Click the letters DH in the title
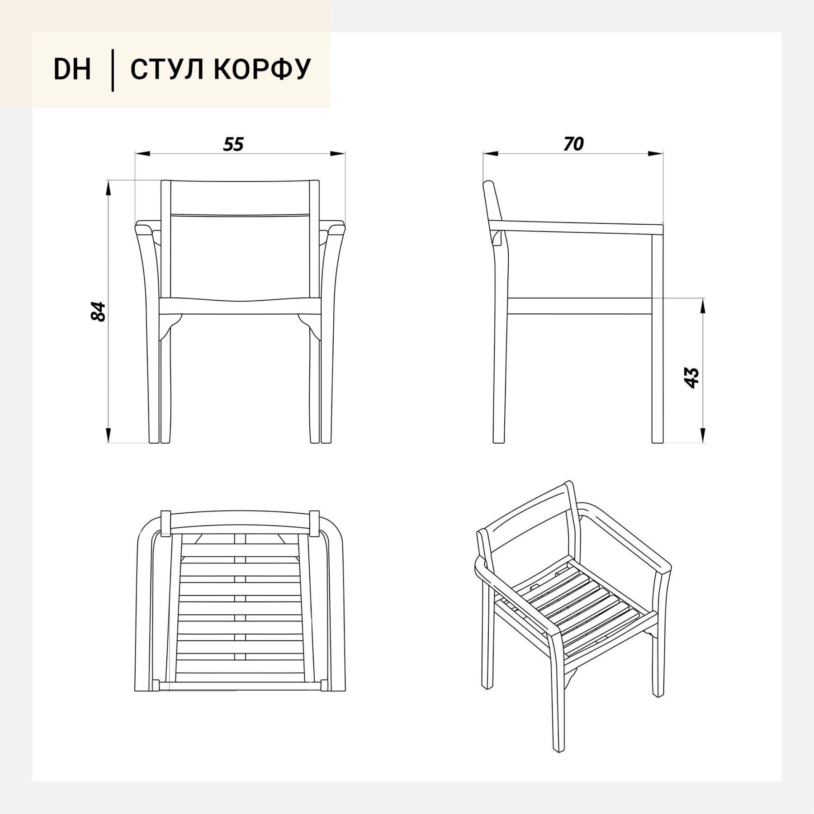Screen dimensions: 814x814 click(x=72, y=69)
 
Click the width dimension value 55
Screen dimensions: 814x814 click(x=233, y=144)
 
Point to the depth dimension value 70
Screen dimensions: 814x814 click(x=573, y=144)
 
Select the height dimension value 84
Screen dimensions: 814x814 click(x=98, y=312)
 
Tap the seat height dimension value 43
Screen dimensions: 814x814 click(x=692, y=378)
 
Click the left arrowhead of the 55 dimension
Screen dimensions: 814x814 click(x=142, y=154)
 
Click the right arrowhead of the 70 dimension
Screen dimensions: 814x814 click(x=656, y=154)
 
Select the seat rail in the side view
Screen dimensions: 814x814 click(x=580, y=306)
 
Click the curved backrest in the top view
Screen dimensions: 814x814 click(x=241, y=522)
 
